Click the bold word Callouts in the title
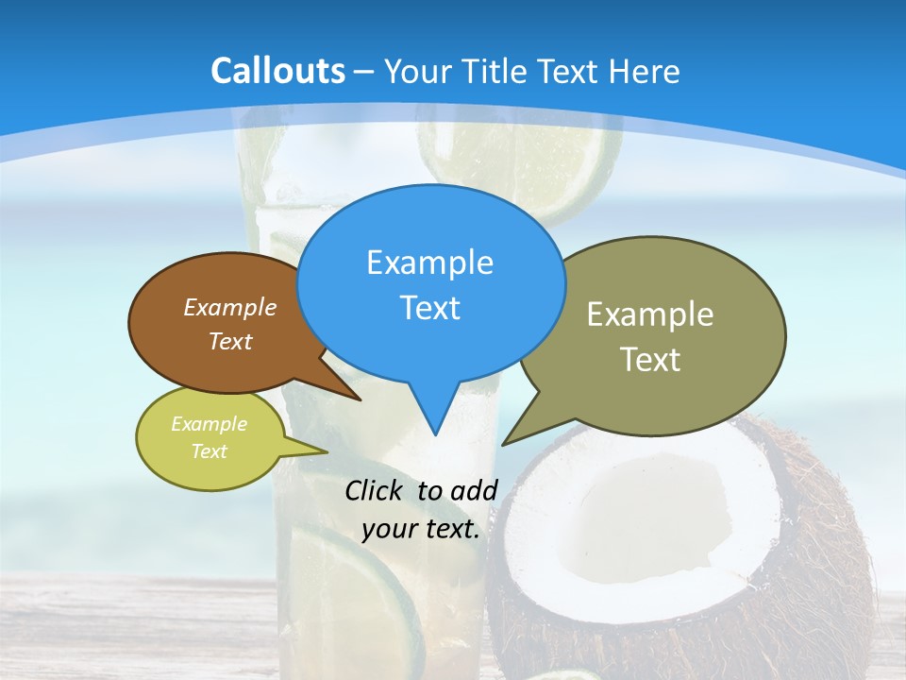[277, 71]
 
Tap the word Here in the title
[645, 72]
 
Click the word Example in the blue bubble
[429, 263]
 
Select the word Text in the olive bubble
[649, 360]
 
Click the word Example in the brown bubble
[229, 308]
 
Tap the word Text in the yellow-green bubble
[209, 451]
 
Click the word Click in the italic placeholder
[375, 490]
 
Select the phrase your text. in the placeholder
[421, 529]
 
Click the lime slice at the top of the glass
[524, 151]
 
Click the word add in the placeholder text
[473, 490]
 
